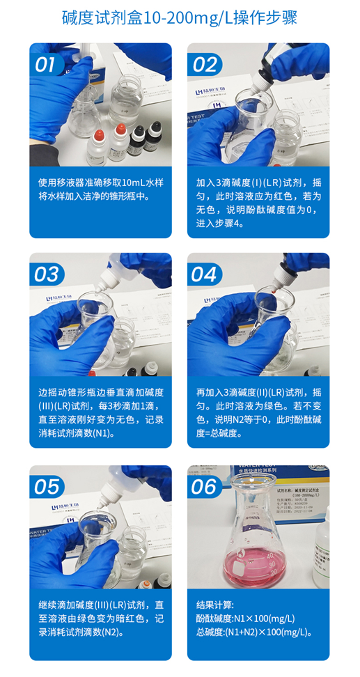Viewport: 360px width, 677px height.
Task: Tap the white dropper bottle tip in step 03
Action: click(105, 286)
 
